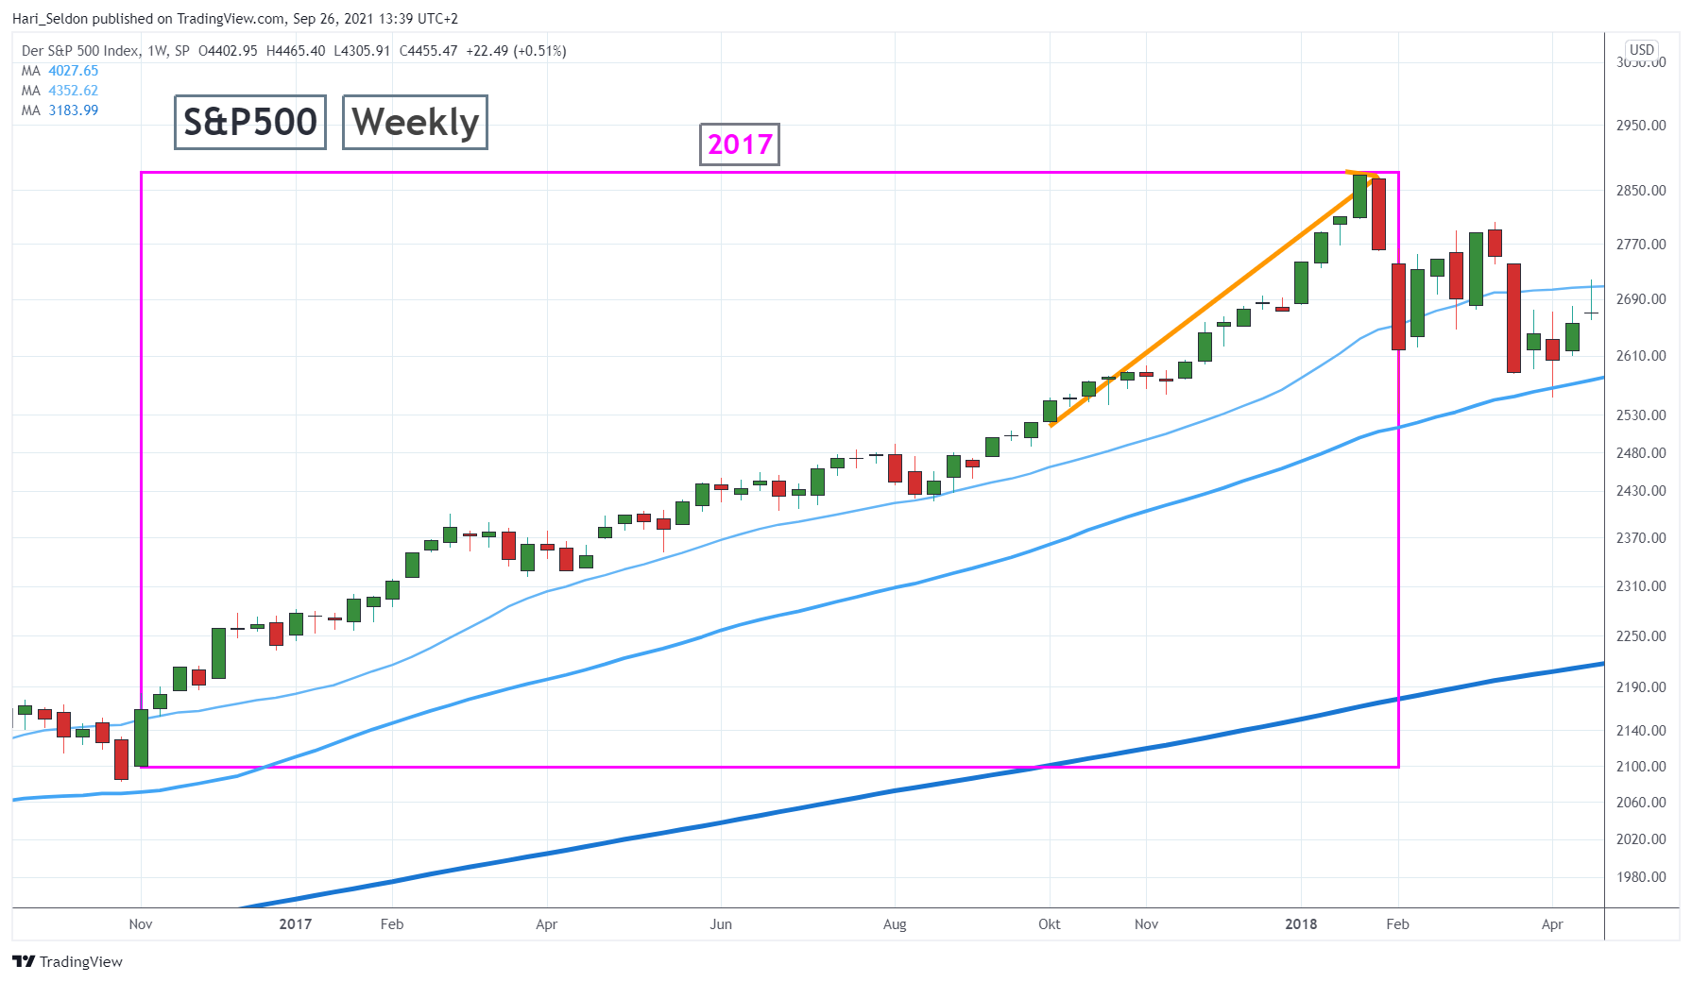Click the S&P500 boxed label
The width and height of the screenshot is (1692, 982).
tap(250, 122)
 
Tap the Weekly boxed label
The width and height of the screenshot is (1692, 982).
tap(415, 122)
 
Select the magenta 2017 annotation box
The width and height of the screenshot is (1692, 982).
tap(740, 144)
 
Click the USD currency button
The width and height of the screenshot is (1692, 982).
tap(1641, 50)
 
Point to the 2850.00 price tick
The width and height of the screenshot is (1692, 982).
tap(1641, 191)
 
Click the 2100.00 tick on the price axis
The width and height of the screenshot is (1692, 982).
tap(1641, 767)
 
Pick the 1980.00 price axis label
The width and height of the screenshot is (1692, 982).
tap(1641, 877)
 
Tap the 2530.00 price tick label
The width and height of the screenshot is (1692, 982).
tap(1641, 415)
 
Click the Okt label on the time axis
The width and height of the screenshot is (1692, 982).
tap(1050, 924)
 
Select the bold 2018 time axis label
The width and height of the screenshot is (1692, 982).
tap(1301, 924)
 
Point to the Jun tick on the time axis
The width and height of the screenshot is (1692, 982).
tap(721, 924)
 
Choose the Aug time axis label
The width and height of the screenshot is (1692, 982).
tap(895, 924)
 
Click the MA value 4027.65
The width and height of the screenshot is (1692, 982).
tap(74, 71)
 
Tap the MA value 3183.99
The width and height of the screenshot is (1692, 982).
tap(74, 110)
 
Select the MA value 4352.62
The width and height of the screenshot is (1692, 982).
tap(74, 91)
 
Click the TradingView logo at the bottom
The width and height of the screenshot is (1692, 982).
tap(68, 962)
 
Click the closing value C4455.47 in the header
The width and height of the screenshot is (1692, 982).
tap(428, 51)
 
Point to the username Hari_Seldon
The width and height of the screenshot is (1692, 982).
tap(50, 19)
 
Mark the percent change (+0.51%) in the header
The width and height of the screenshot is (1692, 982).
tap(539, 51)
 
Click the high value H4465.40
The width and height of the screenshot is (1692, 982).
tap(296, 51)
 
